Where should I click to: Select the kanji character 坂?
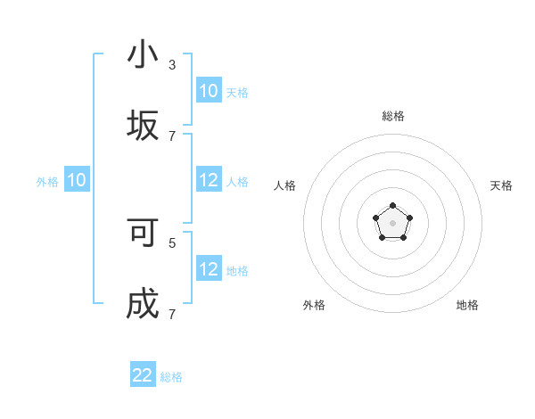coord(143,125)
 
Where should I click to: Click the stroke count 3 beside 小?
coord(172,65)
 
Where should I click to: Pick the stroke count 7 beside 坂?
coord(172,136)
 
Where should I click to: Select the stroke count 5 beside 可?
coord(172,242)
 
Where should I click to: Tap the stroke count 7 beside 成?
coord(172,314)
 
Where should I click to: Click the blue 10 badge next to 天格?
coord(209,91)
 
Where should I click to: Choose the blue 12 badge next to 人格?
coord(209,180)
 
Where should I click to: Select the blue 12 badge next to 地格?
coord(209,269)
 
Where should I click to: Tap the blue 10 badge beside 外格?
coord(77,180)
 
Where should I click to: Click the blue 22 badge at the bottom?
coord(143,375)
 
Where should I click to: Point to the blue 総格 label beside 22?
coord(171,377)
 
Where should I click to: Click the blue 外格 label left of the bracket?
coord(47,182)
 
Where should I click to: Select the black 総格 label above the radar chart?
coord(393,116)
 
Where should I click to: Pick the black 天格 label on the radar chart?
coord(501,185)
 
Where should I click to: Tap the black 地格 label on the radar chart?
coord(467,305)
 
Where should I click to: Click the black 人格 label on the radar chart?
coord(285,185)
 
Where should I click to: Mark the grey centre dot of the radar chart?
coord(392,222)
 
